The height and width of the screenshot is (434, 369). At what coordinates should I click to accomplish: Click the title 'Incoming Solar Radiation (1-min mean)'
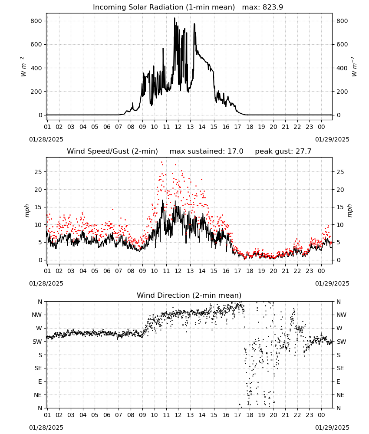(164, 7)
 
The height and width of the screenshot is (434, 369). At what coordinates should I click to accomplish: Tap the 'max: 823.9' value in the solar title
(263, 7)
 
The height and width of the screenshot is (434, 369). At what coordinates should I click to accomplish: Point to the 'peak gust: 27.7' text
(283, 151)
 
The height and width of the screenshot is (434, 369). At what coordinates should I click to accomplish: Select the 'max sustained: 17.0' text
(207, 151)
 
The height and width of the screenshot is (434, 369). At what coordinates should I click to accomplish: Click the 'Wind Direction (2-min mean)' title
(189, 295)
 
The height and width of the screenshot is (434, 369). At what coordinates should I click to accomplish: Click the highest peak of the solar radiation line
(175, 18)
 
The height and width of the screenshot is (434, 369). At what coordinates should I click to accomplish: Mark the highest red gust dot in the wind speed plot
(161, 162)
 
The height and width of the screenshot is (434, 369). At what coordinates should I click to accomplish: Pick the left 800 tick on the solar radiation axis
(36, 21)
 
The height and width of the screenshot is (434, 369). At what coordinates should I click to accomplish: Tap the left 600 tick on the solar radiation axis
(36, 45)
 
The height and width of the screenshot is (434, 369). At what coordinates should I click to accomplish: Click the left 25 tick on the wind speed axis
(38, 172)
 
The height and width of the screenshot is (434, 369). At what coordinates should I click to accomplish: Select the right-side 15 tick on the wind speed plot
(340, 207)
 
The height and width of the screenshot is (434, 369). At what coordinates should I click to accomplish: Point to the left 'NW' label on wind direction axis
(37, 315)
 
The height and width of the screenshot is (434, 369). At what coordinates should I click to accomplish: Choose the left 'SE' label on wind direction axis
(39, 368)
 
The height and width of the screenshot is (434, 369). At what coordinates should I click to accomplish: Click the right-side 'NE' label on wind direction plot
(340, 395)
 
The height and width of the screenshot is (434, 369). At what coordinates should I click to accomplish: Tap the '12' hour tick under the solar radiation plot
(178, 127)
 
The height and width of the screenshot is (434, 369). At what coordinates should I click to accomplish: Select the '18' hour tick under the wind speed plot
(250, 271)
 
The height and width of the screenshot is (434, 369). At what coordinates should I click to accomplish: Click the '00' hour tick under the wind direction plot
(321, 415)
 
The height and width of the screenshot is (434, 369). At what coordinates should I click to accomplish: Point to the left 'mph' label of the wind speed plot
(27, 210)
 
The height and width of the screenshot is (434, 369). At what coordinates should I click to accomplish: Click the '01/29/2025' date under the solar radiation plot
(332, 139)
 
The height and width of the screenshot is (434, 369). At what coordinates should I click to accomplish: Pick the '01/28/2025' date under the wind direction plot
(46, 427)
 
